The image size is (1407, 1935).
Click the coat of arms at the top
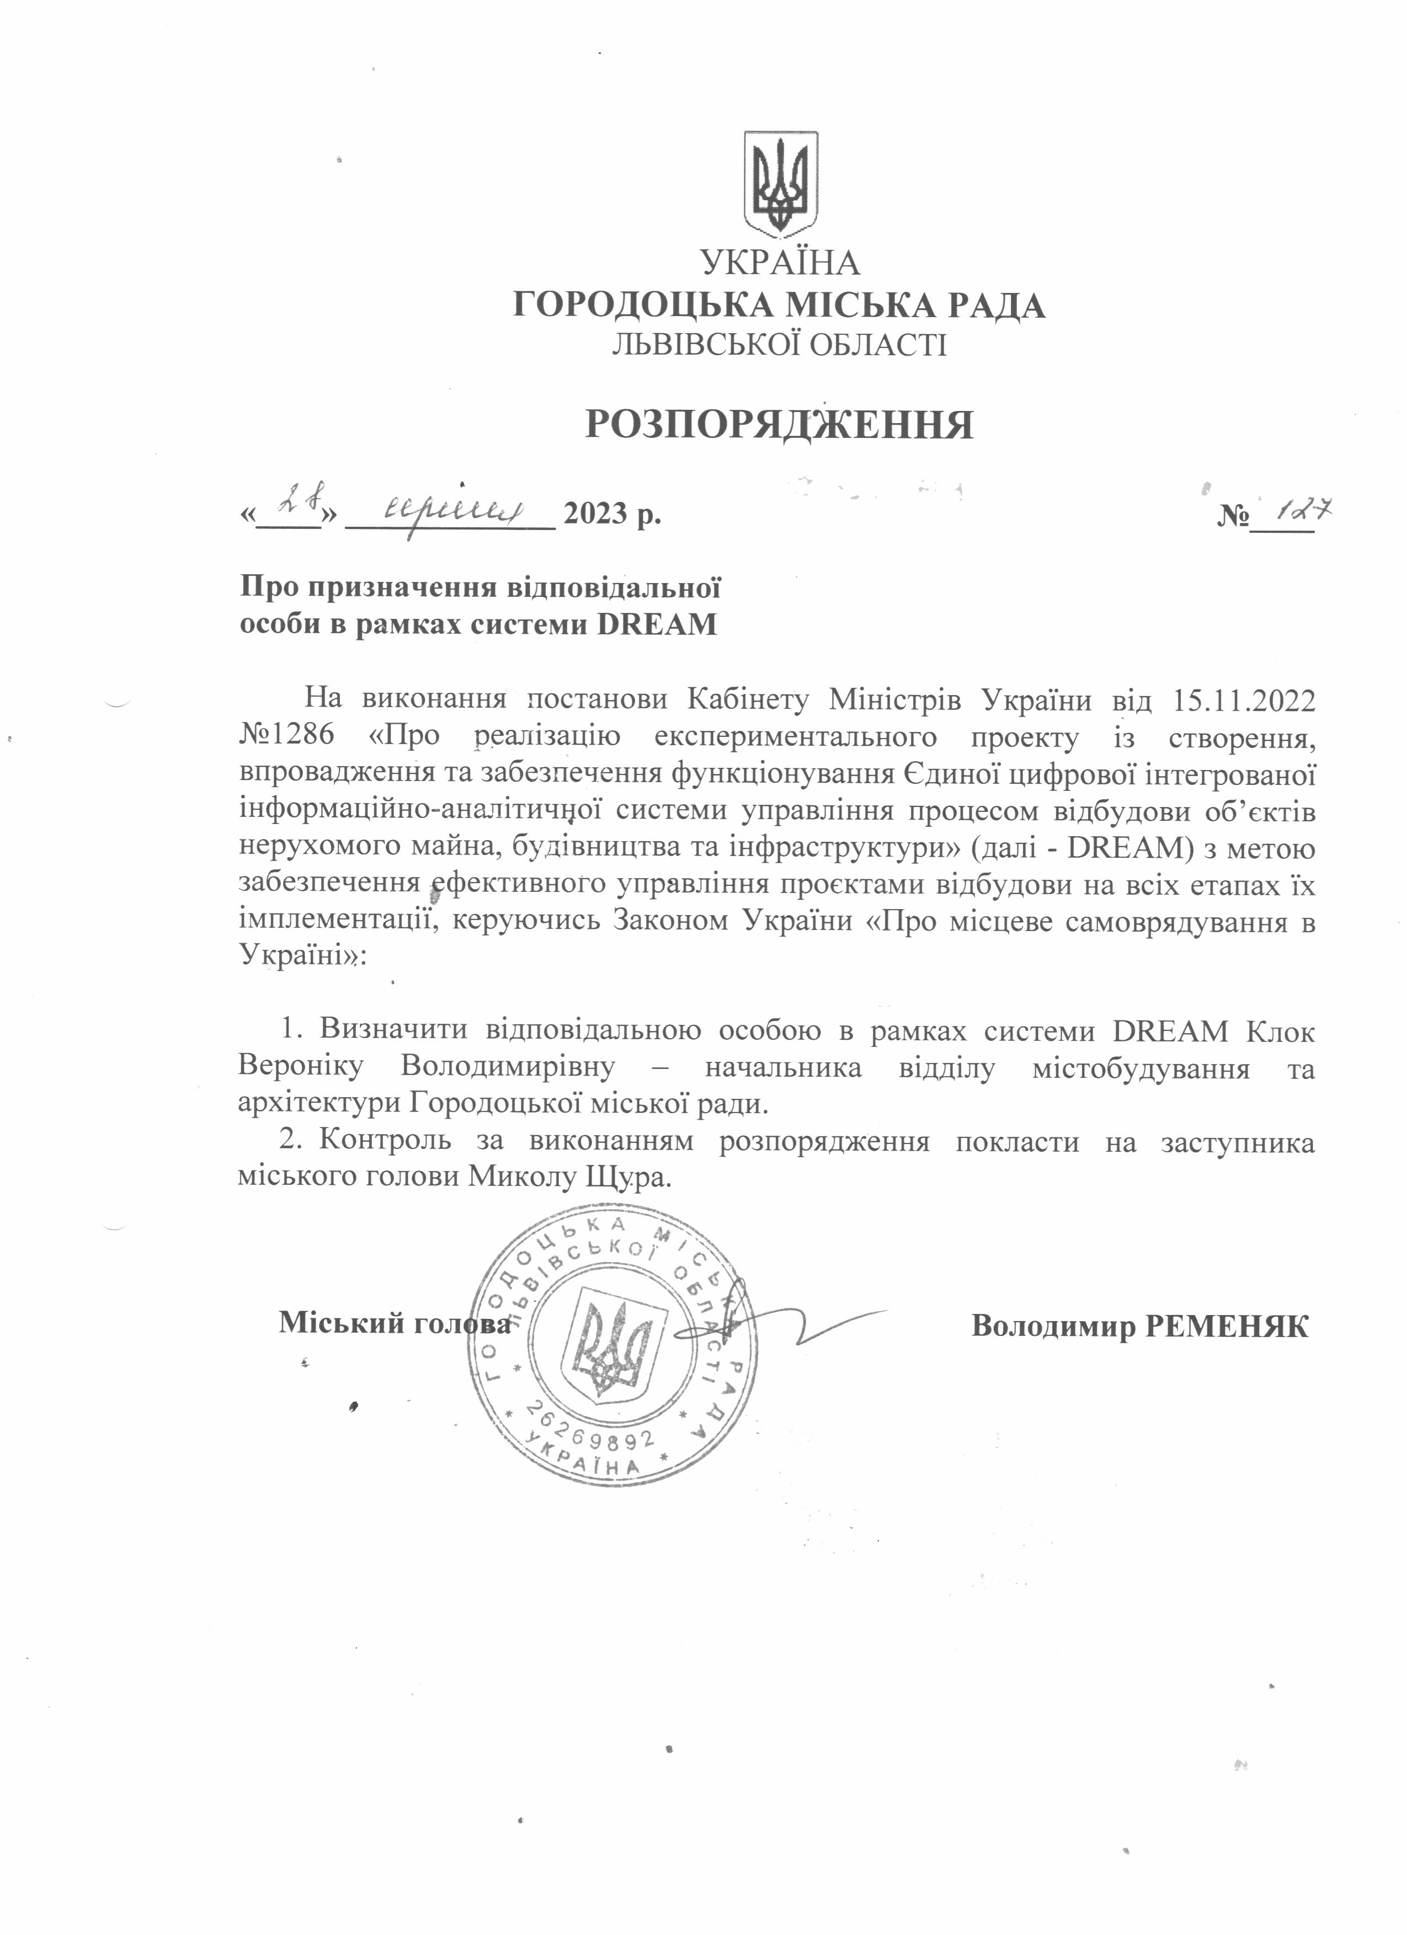coord(781,184)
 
